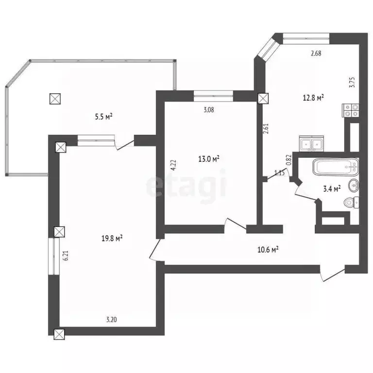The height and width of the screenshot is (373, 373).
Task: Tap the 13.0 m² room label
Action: pos(209,159)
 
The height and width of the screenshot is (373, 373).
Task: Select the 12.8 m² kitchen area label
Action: pos(313,98)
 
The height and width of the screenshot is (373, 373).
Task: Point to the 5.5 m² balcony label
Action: pos(103,116)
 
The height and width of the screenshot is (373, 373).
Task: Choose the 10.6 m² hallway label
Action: pos(268,250)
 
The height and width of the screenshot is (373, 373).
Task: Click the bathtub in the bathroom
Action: pos(336,168)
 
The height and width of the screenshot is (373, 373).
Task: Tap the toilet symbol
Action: pos(351,203)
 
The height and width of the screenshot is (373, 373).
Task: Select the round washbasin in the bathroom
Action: pos(355,185)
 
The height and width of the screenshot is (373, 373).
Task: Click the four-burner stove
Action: pos(351,111)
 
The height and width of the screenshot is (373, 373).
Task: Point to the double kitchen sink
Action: pos(311,144)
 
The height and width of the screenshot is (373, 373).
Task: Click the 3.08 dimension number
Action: pos(208,109)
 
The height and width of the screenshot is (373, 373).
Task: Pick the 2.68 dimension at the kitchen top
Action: pos(316,54)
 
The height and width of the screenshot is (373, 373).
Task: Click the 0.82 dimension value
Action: pos(288,160)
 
